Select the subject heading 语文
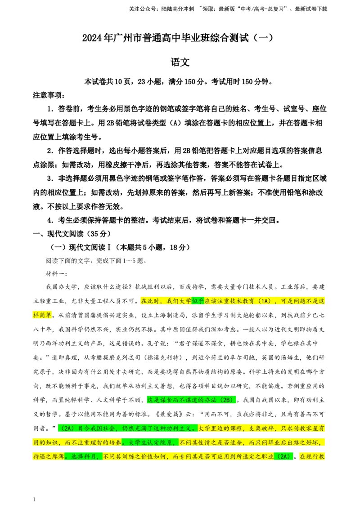[x=180, y=62]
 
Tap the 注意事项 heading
[x=49, y=95]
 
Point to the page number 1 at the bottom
[x=34, y=499]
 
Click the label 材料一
[x=56, y=274]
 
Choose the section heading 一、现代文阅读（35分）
[x=72, y=234]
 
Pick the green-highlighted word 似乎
[x=198, y=301]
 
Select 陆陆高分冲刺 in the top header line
[x=177, y=9]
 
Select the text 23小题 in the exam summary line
[x=150, y=81]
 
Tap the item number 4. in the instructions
[x=50, y=220]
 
